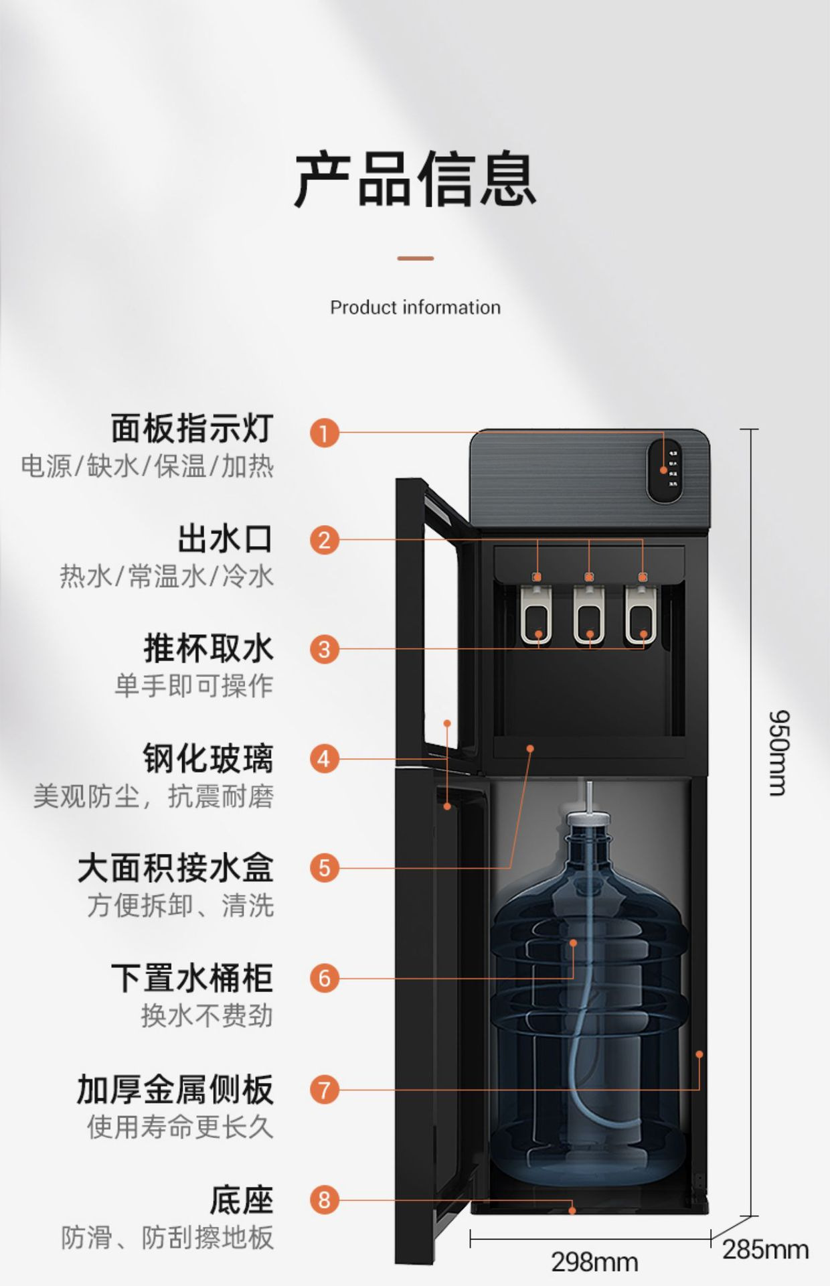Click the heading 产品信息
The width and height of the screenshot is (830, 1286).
(x=415, y=180)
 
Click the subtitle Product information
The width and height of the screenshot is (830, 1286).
(x=415, y=307)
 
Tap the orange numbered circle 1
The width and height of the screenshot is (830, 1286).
(x=325, y=433)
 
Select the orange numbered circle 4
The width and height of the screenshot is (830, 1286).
(x=325, y=759)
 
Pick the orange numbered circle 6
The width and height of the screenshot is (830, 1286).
(x=325, y=978)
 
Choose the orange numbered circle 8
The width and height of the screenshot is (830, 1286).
(x=325, y=1199)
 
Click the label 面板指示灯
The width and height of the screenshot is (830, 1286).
(x=192, y=429)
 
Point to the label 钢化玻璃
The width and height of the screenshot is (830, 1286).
(x=208, y=759)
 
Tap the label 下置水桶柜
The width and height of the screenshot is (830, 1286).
(x=192, y=978)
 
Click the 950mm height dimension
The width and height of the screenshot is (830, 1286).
(x=778, y=753)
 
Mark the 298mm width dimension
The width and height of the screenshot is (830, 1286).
(x=594, y=1262)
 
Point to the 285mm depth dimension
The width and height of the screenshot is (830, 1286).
(x=765, y=1250)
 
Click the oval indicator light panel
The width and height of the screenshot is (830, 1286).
(x=664, y=471)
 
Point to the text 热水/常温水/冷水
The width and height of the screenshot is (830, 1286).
(x=167, y=576)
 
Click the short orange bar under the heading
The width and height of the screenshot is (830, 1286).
(x=415, y=258)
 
